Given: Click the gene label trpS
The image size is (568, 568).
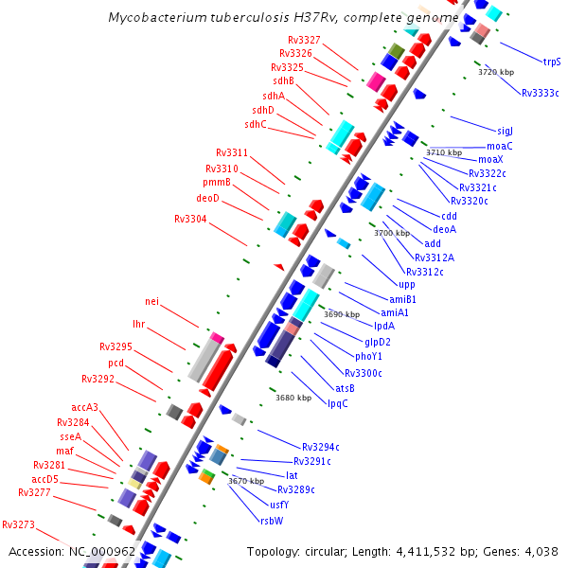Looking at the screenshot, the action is [x=551, y=62].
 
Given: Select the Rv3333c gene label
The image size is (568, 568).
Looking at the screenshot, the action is [x=540, y=93].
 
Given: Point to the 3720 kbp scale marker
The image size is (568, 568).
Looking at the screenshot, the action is [x=496, y=72].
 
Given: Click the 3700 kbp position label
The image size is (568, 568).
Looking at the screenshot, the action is [x=392, y=233].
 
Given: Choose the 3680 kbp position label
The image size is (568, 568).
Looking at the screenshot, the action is [x=293, y=399].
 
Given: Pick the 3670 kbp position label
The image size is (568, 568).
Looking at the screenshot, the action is [x=246, y=481].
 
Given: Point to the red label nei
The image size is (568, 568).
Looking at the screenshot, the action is [x=151, y=301].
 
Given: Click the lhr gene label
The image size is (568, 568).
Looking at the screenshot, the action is [x=139, y=325].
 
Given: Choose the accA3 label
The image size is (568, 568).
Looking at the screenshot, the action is [x=84, y=408].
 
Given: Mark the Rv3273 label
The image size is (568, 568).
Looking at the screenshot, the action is [x=18, y=524].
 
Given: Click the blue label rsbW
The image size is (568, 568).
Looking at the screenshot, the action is [x=271, y=520].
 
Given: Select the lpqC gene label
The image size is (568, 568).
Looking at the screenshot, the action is [x=337, y=403].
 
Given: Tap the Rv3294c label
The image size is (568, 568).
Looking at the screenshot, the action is [x=321, y=447].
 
